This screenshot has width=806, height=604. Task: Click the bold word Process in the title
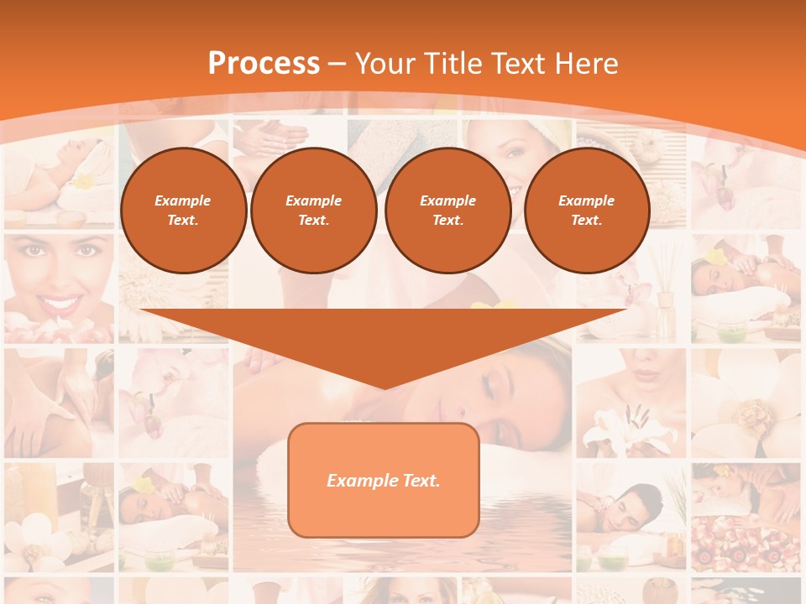point(264,64)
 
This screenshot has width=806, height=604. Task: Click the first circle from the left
point(183,211)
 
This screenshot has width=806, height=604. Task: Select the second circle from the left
point(313,211)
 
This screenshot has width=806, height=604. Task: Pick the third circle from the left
point(447,211)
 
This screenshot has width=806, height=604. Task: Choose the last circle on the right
point(586,211)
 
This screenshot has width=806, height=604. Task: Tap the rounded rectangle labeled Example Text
point(383,481)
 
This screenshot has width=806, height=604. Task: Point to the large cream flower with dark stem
point(743,411)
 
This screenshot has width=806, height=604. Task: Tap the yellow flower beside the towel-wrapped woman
point(83,181)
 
